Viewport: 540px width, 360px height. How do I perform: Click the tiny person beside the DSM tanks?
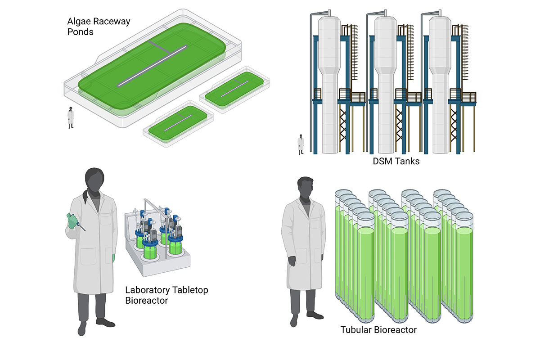[x=301, y=144]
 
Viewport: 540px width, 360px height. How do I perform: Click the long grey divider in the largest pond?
[x=153, y=65]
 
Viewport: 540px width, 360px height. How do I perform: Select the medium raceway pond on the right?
[x=235, y=90]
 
